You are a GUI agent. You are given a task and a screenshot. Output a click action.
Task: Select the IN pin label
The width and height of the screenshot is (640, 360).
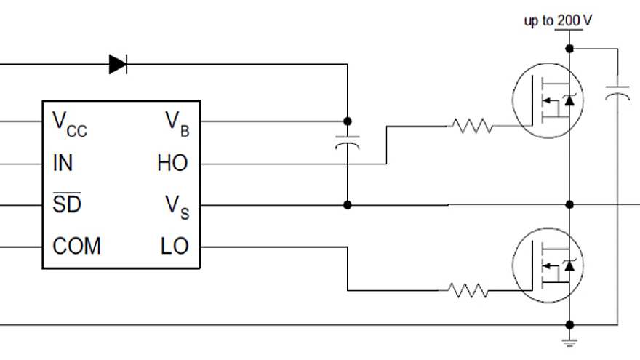pyautogui.click(x=63, y=163)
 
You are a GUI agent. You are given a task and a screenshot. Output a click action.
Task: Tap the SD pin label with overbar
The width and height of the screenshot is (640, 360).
pyautogui.click(x=66, y=204)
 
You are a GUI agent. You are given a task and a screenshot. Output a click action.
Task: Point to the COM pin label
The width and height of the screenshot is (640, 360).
pyautogui.click(x=76, y=246)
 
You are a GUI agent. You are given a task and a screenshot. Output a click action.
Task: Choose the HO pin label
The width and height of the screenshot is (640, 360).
pyautogui.click(x=172, y=163)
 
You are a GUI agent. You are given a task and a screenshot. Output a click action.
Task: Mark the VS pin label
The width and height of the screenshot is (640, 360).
pyautogui.click(x=177, y=206)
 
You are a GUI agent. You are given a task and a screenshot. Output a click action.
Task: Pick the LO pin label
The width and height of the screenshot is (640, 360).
pyautogui.click(x=175, y=246)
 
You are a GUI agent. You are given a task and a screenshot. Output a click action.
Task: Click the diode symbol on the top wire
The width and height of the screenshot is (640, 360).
pyautogui.click(x=118, y=64)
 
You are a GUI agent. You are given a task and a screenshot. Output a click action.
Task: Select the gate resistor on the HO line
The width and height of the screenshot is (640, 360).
pyautogui.click(x=471, y=127)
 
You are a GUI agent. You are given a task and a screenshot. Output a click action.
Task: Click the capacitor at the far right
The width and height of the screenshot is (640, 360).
pyautogui.click(x=617, y=92)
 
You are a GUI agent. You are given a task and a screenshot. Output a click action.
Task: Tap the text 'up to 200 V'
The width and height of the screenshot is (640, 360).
pyautogui.click(x=558, y=20)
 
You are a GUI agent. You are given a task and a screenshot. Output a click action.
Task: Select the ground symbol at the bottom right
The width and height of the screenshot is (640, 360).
pyautogui.click(x=569, y=340)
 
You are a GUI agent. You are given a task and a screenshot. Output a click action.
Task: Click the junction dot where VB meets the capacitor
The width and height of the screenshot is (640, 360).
pyautogui.click(x=348, y=121)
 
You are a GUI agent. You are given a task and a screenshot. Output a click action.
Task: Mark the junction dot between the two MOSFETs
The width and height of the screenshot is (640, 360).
pyautogui.click(x=569, y=205)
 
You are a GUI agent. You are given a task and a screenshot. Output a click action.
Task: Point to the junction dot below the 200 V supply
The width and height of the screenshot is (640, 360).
pyautogui.click(x=569, y=49)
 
